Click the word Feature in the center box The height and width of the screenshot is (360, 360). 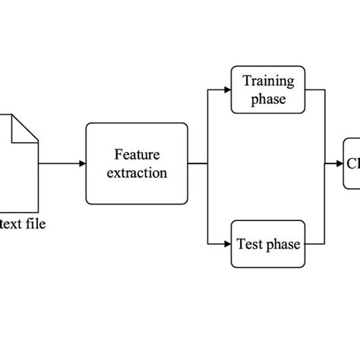pyautogui.click(x=137, y=154)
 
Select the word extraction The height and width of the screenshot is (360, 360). pyautogui.click(x=137, y=172)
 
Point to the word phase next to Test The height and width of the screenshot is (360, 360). pyautogui.click(x=283, y=245)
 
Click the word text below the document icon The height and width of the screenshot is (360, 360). pyautogui.click(x=14, y=224)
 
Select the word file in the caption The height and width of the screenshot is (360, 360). pyautogui.click(x=36, y=224)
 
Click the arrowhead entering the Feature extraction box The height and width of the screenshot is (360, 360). pyautogui.click(x=82, y=163)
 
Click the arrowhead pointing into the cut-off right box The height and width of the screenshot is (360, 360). pyautogui.click(x=340, y=163)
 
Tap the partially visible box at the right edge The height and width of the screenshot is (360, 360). pyautogui.click(x=352, y=163)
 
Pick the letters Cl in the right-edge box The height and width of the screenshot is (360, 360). pyautogui.click(x=353, y=163)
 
